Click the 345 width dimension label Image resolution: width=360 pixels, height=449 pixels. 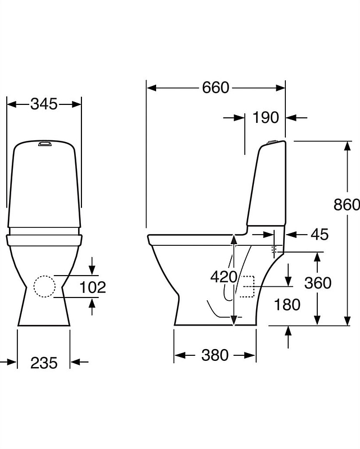(x=44, y=104)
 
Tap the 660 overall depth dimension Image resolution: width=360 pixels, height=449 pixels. (x=216, y=88)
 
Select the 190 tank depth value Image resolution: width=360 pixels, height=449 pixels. (x=265, y=117)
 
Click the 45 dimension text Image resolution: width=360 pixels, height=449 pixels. (x=319, y=234)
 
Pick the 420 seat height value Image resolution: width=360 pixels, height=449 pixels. (x=224, y=276)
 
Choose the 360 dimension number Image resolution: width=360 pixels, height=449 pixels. (x=318, y=283)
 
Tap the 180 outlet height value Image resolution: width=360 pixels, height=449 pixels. (x=287, y=305)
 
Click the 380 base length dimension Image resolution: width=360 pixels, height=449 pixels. (x=215, y=355)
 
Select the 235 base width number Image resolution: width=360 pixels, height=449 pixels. (x=44, y=363)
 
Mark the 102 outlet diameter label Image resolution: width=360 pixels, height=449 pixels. (x=93, y=287)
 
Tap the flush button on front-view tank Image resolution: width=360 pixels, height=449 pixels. (x=44, y=144)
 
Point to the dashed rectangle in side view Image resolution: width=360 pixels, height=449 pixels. (x=248, y=286)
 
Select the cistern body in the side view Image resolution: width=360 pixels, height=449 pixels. (x=268, y=185)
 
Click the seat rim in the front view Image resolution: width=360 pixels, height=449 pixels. (x=44, y=240)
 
